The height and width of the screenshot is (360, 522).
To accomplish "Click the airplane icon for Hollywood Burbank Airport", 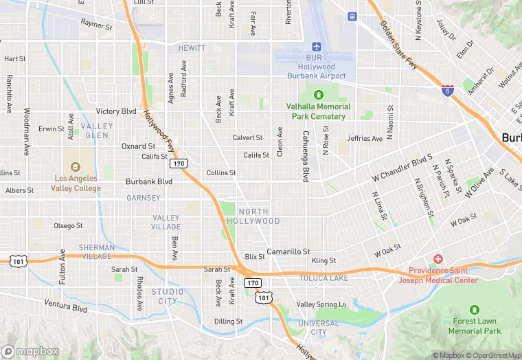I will point(317,47).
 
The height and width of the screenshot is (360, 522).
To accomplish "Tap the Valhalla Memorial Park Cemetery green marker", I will point(318,95).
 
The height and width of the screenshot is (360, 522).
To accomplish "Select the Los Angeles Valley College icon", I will point(75,166).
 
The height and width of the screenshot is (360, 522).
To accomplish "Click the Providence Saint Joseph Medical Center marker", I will point(438,258).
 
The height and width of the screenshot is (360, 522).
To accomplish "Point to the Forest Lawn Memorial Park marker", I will point(474,311).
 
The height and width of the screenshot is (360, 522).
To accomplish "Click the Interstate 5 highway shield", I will point(448,91).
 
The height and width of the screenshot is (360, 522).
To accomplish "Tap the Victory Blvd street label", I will point(116,111).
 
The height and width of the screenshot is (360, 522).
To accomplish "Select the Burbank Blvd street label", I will point(148,182).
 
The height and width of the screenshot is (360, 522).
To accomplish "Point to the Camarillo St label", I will point(288,252).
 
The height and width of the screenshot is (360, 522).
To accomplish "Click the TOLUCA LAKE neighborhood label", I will point(324,278).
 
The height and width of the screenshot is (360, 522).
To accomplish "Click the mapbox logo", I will point(30,351).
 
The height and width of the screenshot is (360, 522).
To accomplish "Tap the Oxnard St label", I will point(138,146).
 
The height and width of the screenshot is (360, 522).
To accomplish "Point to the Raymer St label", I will point(96,26).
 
